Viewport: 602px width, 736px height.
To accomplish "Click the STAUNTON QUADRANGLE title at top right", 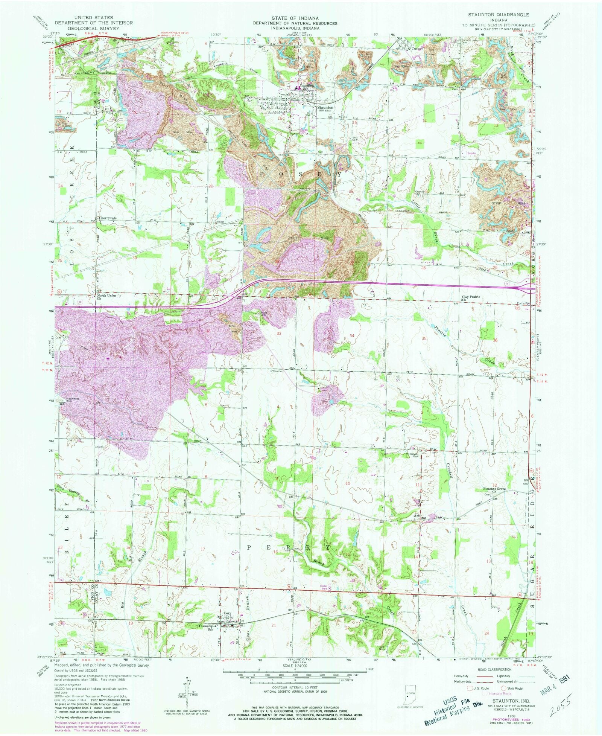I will click(x=498, y=14).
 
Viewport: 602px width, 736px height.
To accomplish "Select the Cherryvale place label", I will click(x=108, y=218).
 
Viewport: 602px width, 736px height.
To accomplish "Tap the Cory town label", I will click(x=227, y=613).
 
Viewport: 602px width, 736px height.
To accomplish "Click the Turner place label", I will click(x=417, y=49).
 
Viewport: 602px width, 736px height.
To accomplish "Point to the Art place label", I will click(x=417, y=516).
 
